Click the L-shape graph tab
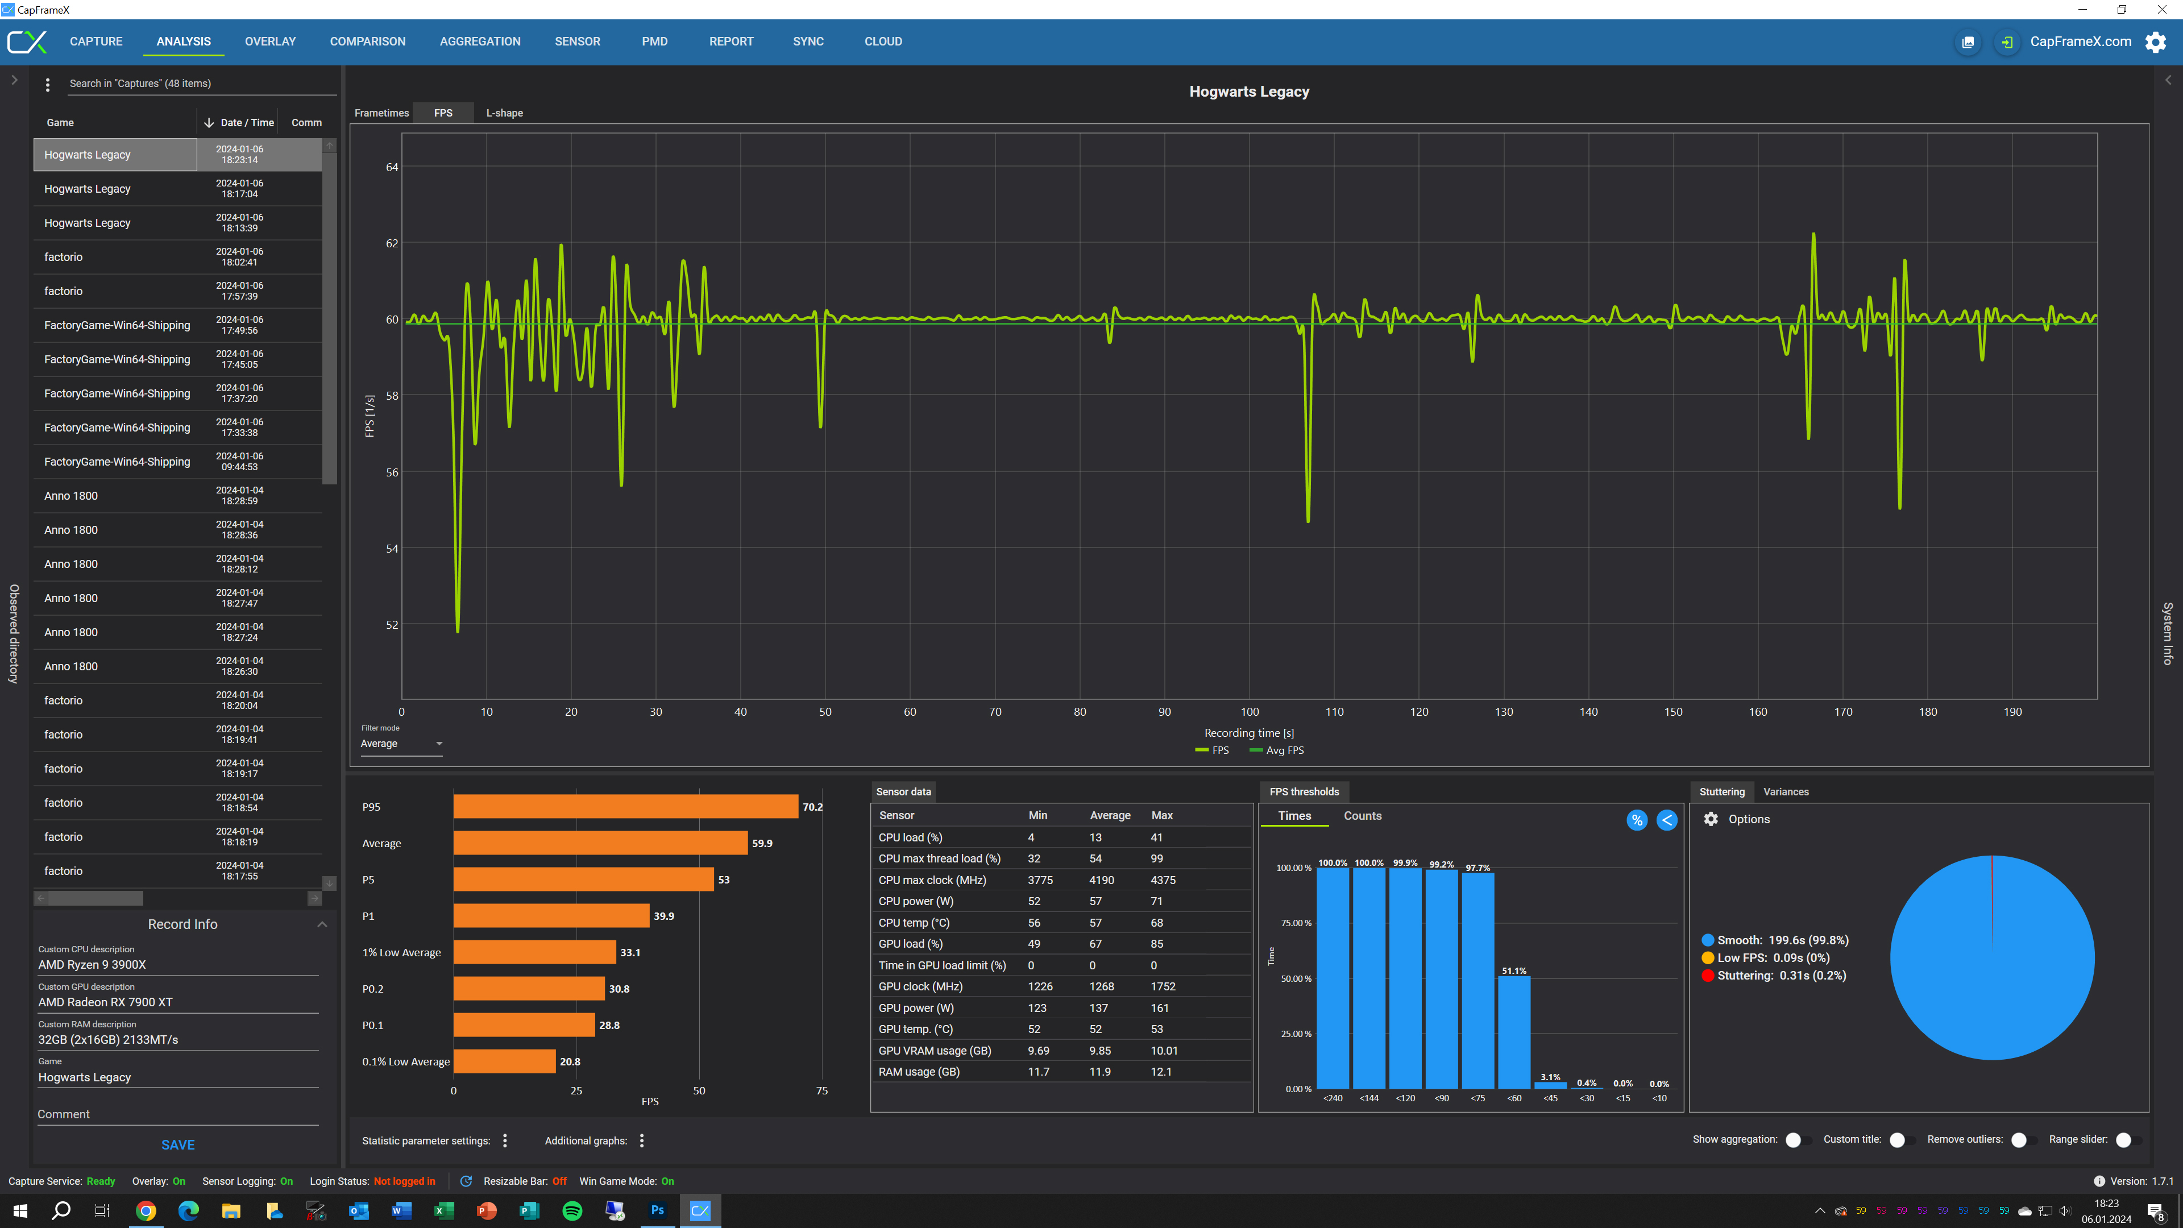pos(504,113)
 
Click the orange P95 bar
pos(625,807)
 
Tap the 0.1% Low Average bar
pos(504,1061)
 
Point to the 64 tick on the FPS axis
pos(392,167)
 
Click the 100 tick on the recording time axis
pos(1249,712)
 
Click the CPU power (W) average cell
pos(1095,901)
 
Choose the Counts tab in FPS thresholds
pos(1362,815)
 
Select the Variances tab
pos(1786,791)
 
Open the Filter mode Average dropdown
pos(401,743)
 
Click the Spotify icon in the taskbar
pos(572,1210)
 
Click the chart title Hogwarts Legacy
pos(1248,92)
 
